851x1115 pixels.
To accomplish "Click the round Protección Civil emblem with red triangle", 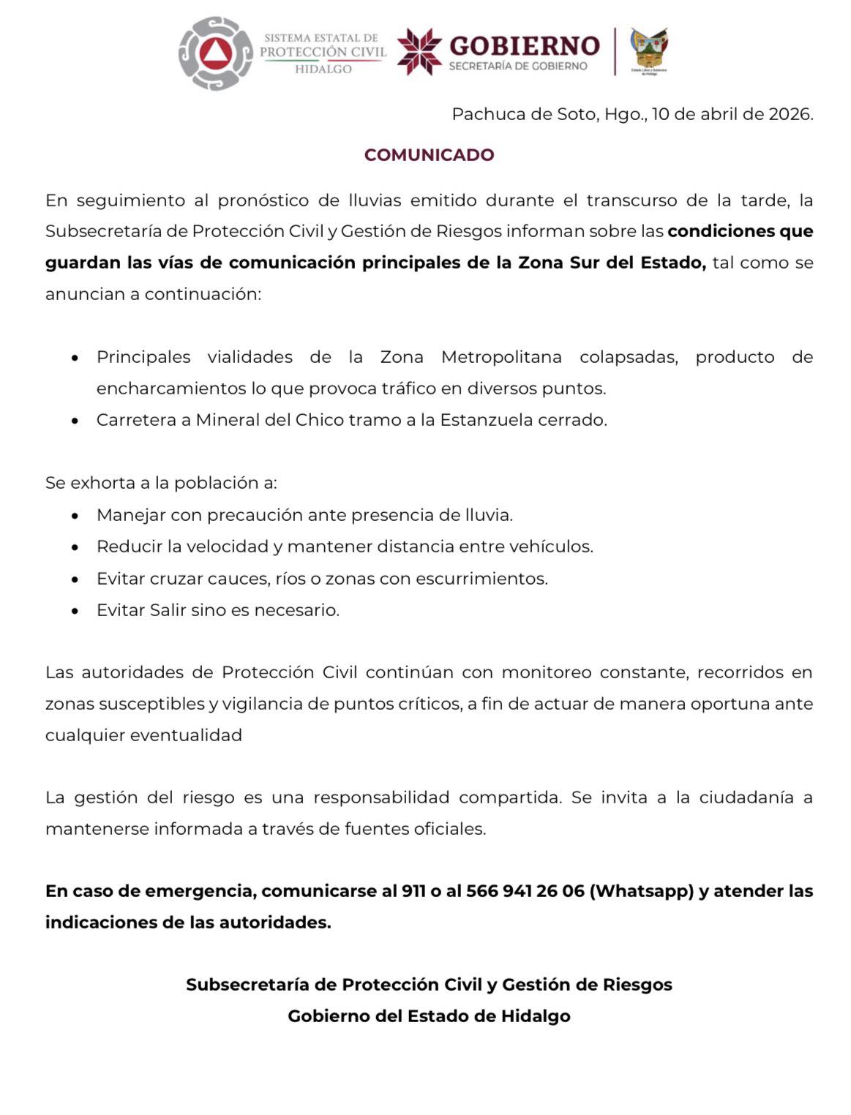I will [x=215, y=53].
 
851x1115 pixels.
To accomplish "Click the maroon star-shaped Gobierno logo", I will [x=419, y=51].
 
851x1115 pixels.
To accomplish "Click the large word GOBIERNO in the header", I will [x=524, y=45].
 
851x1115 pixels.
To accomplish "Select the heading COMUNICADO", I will [x=429, y=155].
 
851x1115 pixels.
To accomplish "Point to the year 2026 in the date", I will [x=789, y=114].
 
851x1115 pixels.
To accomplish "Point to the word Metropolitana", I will [x=501, y=357].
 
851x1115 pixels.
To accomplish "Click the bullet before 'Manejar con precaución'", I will [x=75, y=516].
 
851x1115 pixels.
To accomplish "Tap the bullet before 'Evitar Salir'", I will [x=75, y=611].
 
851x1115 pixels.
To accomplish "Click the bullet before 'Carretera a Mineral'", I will [x=75, y=421].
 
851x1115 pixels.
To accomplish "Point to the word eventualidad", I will [x=186, y=735].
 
